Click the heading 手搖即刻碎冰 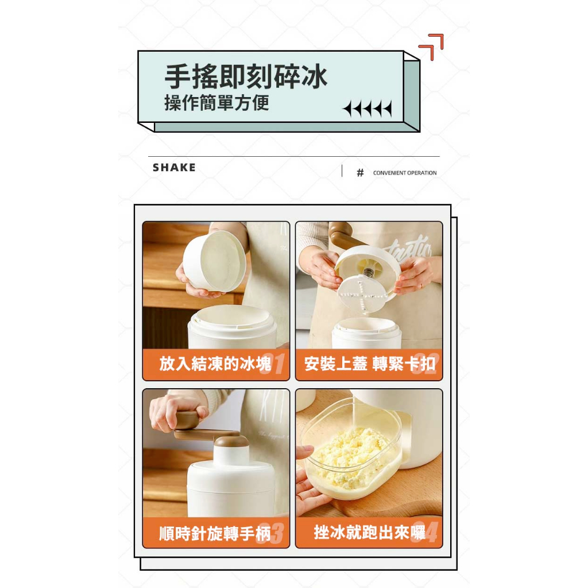click(246, 76)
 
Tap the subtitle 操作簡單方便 click(216, 103)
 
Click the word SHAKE click(174, 168)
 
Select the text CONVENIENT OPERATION click(405, 173)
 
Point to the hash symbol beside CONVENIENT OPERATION click(360, 172)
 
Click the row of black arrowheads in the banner click(367, 109)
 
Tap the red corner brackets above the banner click(431, 47)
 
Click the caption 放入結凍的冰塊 click(215, 363)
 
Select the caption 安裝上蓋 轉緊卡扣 click(369, 363)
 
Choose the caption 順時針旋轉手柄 click(215, 533)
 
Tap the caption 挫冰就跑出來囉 click(369, 532)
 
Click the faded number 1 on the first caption click(278, 363)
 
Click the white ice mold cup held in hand click(215, 261)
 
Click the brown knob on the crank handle click(188, 419)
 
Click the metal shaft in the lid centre click(368, 272)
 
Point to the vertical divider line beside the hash click(342, 171)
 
